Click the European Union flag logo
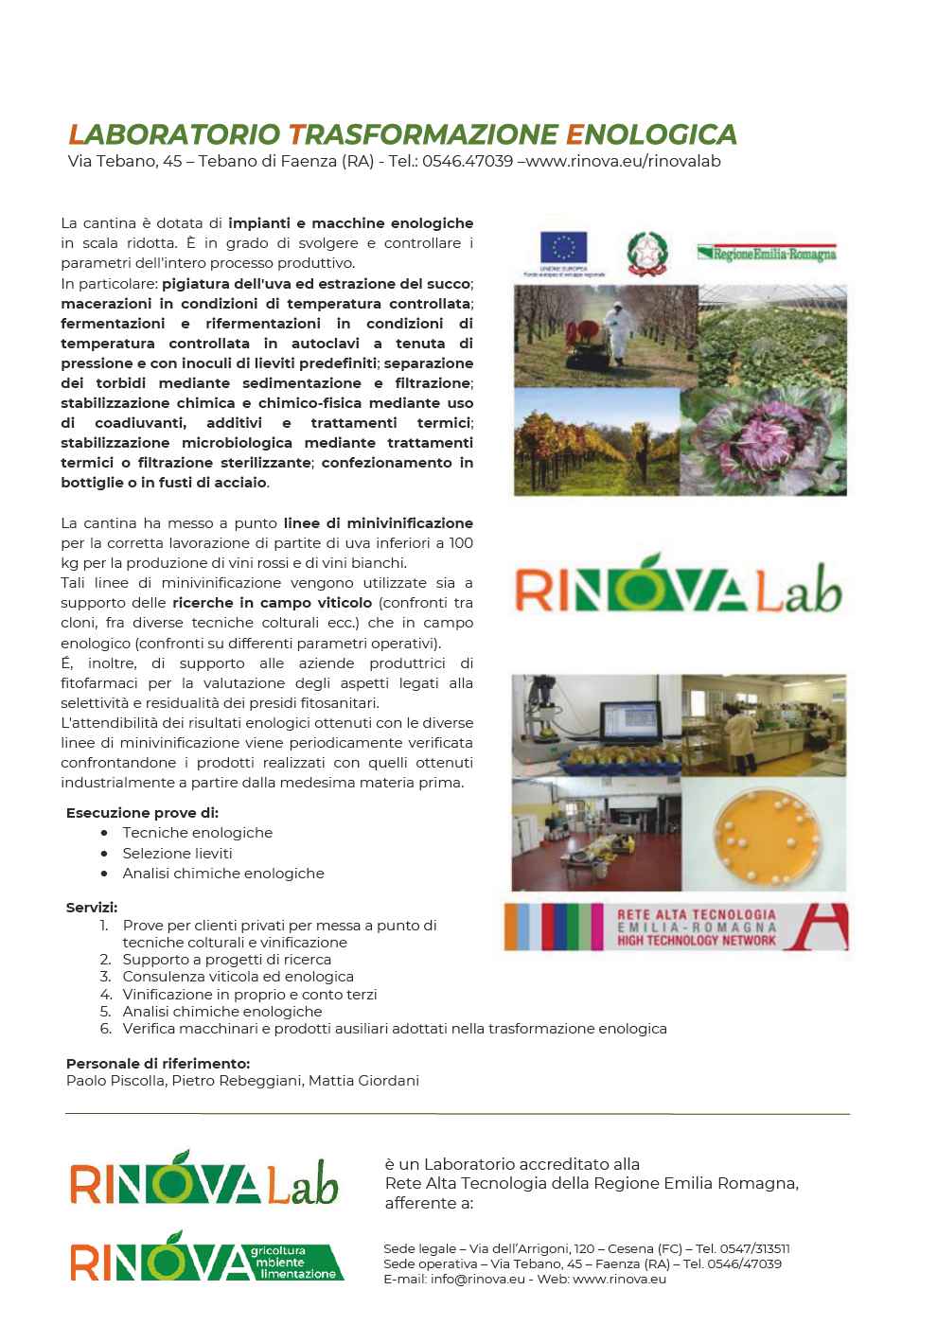coord(564,249)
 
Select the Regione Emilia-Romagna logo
coord(768,254)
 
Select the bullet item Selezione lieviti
coord(177,853)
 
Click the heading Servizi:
coord(92,908)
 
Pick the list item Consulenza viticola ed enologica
coord(238,977)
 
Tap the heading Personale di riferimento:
coord(158,1064)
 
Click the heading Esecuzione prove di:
coord(142,813)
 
